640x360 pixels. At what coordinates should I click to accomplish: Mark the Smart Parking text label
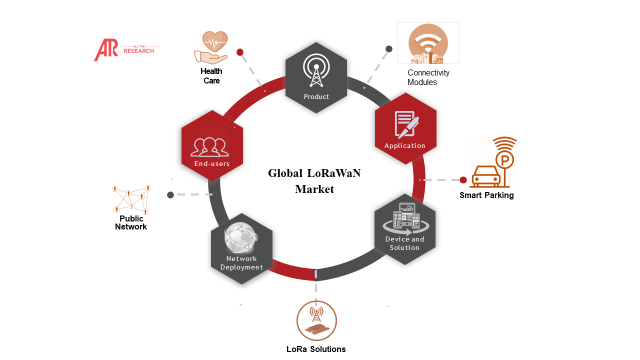pos(487,195)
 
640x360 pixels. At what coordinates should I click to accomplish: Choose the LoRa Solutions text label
pos(316,349)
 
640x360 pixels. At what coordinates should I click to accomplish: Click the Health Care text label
pos(212,75)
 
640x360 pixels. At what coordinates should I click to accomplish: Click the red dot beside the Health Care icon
pos(241,52)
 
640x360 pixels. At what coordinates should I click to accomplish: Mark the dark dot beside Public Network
pos(171,195)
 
